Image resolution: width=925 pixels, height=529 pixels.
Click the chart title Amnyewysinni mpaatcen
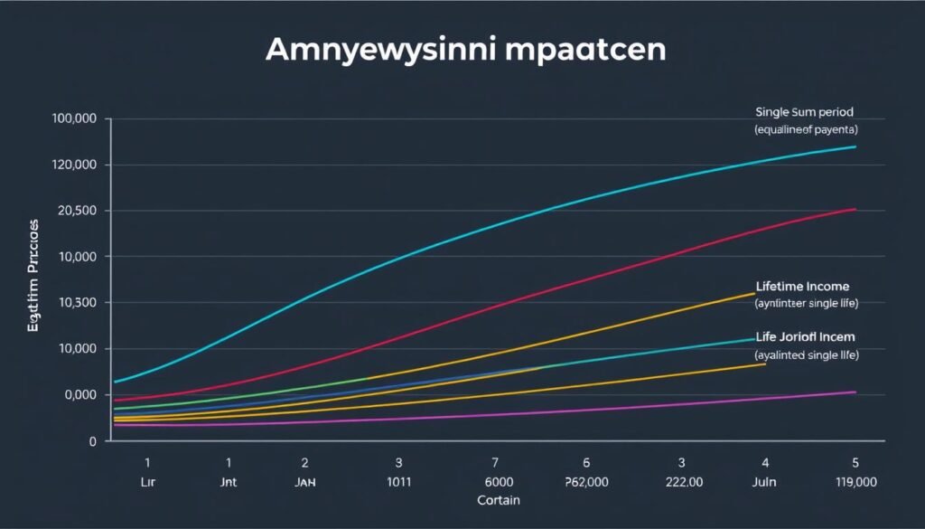[x=465, y=51]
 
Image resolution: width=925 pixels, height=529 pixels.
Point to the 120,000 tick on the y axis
[x=76, y=165]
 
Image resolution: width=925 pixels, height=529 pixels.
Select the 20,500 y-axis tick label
[x=76, y=212]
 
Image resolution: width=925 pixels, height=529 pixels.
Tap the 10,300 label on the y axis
[x=76, y=303]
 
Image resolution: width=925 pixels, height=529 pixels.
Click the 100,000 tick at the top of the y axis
[x=76, y=119]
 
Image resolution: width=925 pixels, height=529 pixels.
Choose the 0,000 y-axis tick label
[x=78, y=395]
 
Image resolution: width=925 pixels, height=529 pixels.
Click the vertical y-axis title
[x=33, y=275]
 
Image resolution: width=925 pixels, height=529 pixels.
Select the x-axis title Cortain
[x=498, y=499]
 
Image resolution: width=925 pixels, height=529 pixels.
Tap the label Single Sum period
[x=804, y=112]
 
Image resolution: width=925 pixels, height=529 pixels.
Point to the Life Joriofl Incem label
[x=806, y=336]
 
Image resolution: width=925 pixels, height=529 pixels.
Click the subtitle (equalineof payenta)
[x=806, y=130]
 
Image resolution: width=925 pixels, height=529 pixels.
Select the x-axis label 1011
[x=398, y=483]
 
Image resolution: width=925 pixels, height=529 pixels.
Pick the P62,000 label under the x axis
[x=587, y=483]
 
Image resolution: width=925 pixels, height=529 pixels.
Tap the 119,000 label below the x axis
[x=854, y=483]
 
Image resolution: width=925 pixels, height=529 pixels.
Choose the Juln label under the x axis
[x=764, y=483]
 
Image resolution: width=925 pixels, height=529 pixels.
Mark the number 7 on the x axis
[x=494, y=462]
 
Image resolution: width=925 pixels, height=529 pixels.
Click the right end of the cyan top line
[x=855, y=146]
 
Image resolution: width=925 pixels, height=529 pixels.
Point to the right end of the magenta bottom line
[x=855, y=392]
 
